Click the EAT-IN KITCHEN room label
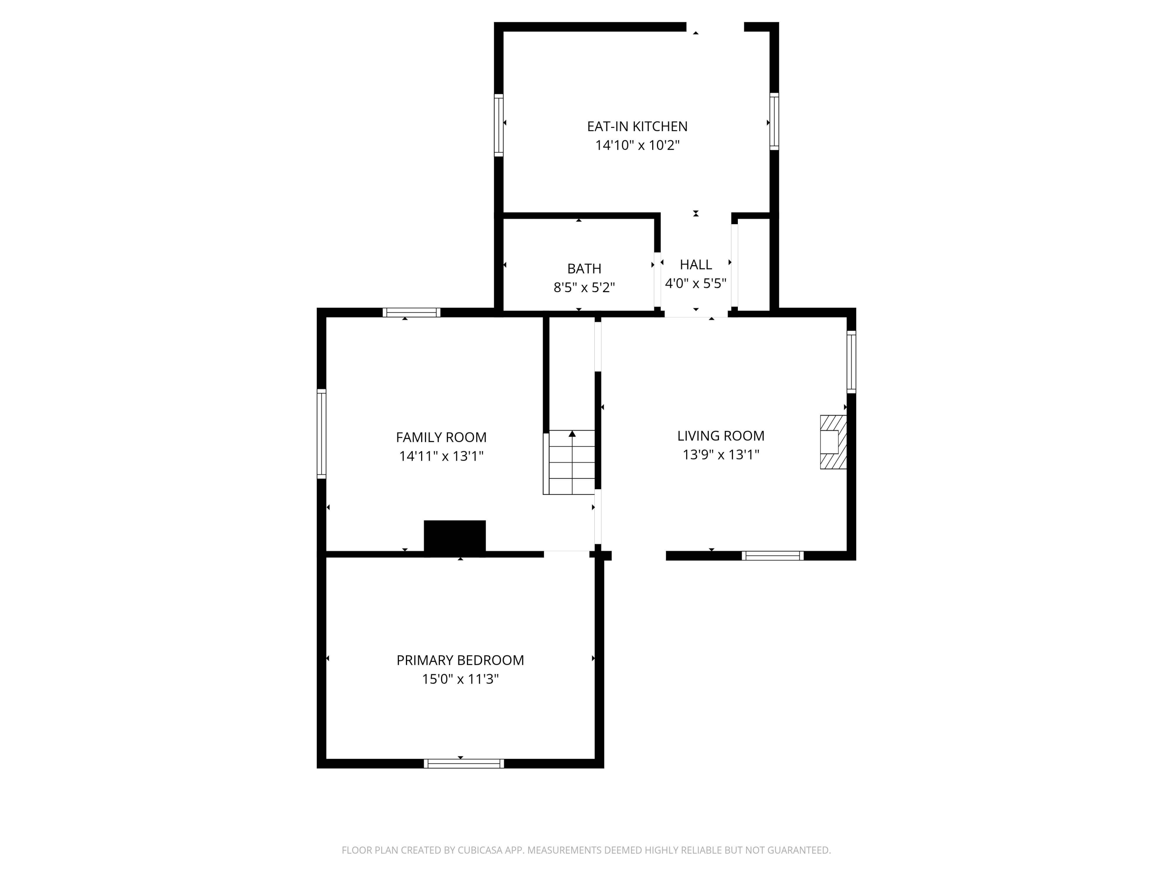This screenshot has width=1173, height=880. [637, 126]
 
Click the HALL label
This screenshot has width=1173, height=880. [695, 265]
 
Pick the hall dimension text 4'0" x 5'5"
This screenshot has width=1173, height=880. [695, 283]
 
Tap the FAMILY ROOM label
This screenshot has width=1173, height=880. [441, 437]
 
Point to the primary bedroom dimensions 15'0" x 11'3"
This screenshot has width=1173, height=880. [460, 679]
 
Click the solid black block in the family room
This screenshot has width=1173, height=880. [454, 538]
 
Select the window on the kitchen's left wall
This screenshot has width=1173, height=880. [499, 125]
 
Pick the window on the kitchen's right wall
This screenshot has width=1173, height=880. [774, 122]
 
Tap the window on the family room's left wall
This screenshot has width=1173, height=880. [321, 433]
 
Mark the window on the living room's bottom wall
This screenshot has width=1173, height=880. [772, 555]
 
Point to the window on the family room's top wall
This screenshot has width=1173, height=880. [411, 312]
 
